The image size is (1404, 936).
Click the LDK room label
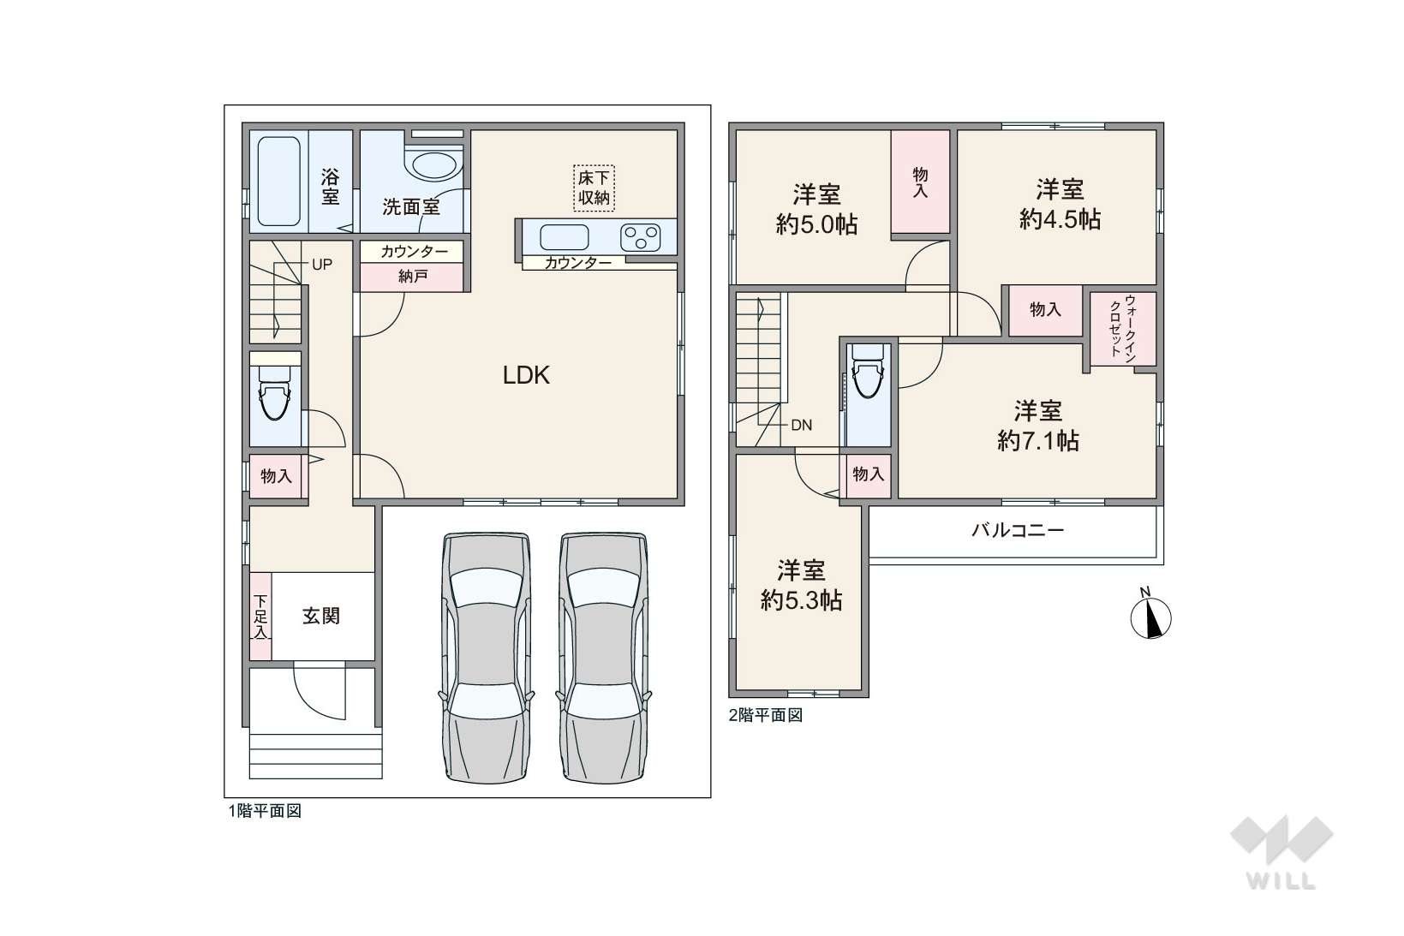click(x=526, y=375)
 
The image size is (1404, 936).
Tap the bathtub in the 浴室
click(x=279, y=181)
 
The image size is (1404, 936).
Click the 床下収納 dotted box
click(x=594, y=188)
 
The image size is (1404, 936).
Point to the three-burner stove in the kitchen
click(x=641, y=238)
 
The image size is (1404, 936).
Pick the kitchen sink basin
click(x=565, y=237)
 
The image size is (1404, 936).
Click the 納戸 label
click(x=413, y=276)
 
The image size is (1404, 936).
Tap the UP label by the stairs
click(x=322, y=265)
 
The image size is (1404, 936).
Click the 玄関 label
click(x=321, y=616)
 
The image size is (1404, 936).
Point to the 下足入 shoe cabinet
click(x=260, y=617)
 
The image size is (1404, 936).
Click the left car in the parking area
click(x=487, y=658)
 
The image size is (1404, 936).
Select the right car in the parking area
click(x=604, y=658)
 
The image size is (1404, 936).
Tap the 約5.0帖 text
click(x=816, y=224)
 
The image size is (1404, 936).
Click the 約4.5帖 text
click(x=1060, y=219)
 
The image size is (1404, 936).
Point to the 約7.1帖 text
click(x=1038, y=441)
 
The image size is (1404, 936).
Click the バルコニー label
click(x=1018, y=531)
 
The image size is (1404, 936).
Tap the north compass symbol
click(x=1150, y=617)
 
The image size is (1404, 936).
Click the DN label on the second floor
click(x=802, y=426)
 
